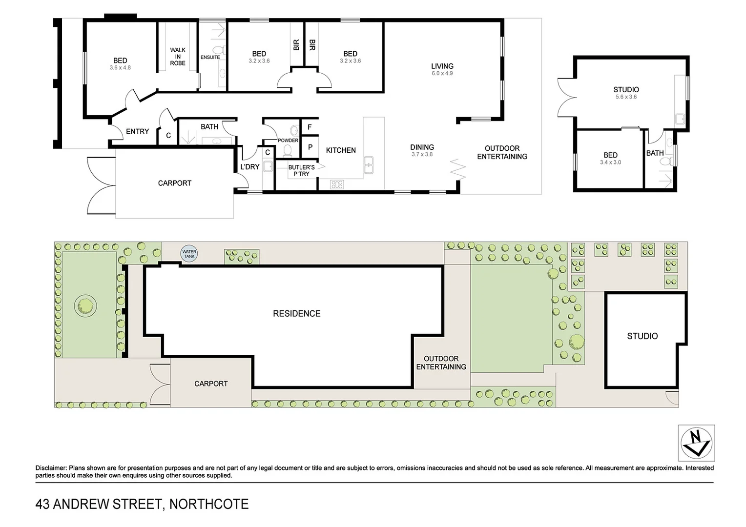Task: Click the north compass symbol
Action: [696, 443]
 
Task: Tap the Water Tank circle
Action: [189, 254]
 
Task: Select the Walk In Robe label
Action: [178, 57]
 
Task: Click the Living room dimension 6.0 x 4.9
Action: [442, 74]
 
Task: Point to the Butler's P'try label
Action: [301, 170]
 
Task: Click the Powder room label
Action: [288, 141]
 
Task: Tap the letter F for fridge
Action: [310, 127]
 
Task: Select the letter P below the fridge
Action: [310, 147]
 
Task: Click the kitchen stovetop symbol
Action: [337, 184]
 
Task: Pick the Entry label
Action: [137, 131]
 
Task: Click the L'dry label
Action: [249, 167]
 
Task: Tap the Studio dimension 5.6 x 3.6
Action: [626, 97]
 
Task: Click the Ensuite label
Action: [210, 58]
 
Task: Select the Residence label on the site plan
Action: [296, 314]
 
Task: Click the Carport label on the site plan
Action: [211, 384]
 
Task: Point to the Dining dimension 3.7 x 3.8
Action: [422, 155]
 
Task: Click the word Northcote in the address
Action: [208, 504]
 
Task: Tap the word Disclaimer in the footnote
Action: [51, 468]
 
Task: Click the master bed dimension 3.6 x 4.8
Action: [120, 68]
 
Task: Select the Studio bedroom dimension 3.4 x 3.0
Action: [610, 162]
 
